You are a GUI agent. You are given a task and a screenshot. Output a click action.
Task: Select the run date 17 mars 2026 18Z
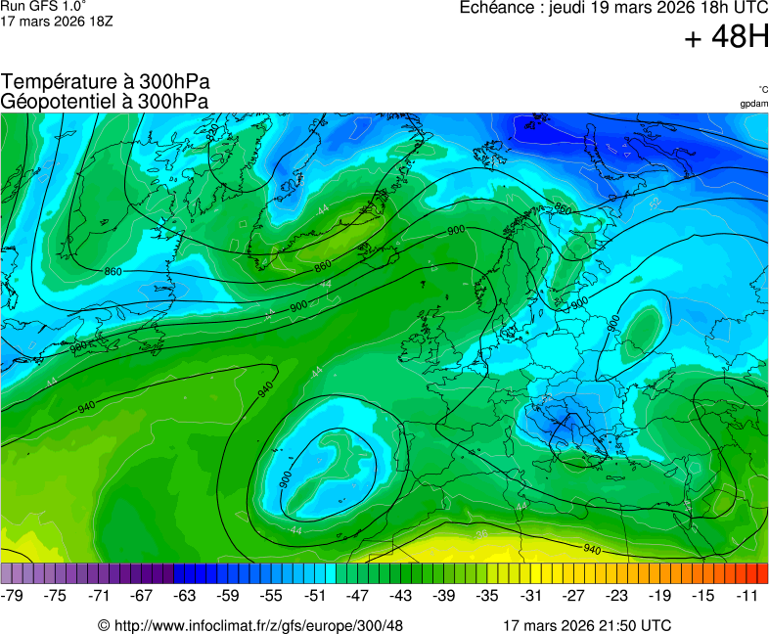[57, 21]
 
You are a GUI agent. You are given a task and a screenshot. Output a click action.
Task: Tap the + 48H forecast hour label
[727, 38]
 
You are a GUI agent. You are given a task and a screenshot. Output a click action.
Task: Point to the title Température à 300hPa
[106, 82]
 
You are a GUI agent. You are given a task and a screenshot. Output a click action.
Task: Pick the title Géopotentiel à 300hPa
[105, 101]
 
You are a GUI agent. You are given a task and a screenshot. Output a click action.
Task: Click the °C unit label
[762, 89]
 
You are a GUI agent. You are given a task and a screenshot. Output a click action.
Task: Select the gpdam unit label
[753, 103]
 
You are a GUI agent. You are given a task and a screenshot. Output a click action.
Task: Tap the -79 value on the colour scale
[13, 595]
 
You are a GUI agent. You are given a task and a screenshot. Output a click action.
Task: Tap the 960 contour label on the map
[563, 208]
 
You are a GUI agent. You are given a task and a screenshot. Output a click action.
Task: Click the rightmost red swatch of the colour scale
[762, 574]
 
